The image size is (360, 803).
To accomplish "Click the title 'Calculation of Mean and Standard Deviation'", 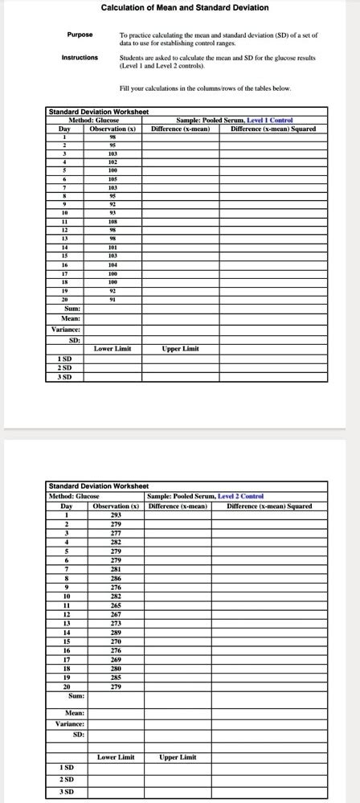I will pyautogui.click(x=184, y=8).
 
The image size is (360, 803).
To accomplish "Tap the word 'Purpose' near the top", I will pyautogui.click(x=80, y=35).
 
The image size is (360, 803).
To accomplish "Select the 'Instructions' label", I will pyautogui.click(x=80, y=58).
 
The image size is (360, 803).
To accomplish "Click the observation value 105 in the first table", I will pyautogui.click(x=112, y=178).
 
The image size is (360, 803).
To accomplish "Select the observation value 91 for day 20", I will pyautogui.click(x=112, y=299).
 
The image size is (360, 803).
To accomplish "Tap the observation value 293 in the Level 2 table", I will pyautogui.click(x=117, y=514).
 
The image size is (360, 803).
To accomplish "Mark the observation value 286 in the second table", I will pyautogui.click(x=117, y=579).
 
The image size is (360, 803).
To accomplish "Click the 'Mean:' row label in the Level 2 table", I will pyautogui.click(x=75, y=713).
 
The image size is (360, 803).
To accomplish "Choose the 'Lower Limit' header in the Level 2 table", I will pyautogui.click(x=117, y=756).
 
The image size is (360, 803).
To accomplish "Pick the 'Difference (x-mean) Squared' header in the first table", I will pyautogui.click(x=272, y=129).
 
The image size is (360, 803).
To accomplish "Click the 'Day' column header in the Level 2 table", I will pyautogui.click(x=67, y=506).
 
